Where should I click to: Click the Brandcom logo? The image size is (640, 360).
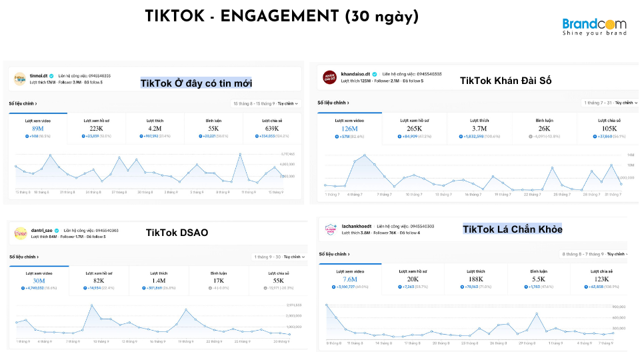coord(594,27)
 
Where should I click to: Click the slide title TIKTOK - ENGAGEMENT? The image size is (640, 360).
coord(281,17)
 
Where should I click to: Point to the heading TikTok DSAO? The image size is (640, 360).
coord(177,233)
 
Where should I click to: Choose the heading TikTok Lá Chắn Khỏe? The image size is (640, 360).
coord(513,229)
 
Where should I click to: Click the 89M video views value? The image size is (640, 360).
coord(38,128)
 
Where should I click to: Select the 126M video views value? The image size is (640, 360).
coord(349,129)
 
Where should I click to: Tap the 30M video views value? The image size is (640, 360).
coord(39,281)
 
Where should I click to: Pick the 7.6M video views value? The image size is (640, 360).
coord(349,279)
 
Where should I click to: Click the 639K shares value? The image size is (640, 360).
coord(271,128)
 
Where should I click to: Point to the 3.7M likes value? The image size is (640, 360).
coord(479,129)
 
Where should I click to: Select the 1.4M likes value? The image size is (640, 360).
coord(159,281)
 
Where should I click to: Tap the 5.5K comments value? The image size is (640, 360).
coord(538,279)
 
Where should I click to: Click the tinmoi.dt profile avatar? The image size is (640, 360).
coord(19,79)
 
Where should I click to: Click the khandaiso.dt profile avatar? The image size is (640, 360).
coord(329,77)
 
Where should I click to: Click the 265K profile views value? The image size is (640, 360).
coord(414,129)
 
